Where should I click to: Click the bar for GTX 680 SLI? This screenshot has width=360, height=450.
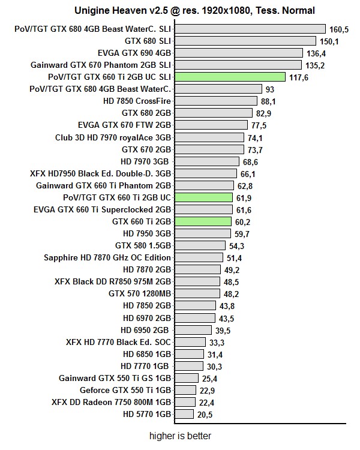click(x=245, y=41)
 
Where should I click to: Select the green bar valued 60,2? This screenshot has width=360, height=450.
click(x=203, y=221)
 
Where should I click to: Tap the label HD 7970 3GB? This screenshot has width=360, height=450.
click(x=146, y=161)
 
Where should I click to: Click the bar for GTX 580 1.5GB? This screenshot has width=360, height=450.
click(x=200, y=245)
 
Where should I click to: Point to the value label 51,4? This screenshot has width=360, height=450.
click(x=234, y=257)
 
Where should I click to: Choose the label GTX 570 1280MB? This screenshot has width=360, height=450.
click(x=140, y=293)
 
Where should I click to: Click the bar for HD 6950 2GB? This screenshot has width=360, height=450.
click(x=193, y=329)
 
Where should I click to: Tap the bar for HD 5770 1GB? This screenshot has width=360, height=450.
click(x=184, y=414)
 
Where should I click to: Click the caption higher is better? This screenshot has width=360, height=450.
click(x=180, y=436)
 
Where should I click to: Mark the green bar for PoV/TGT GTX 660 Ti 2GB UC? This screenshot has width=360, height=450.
click(x=204, y=197)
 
